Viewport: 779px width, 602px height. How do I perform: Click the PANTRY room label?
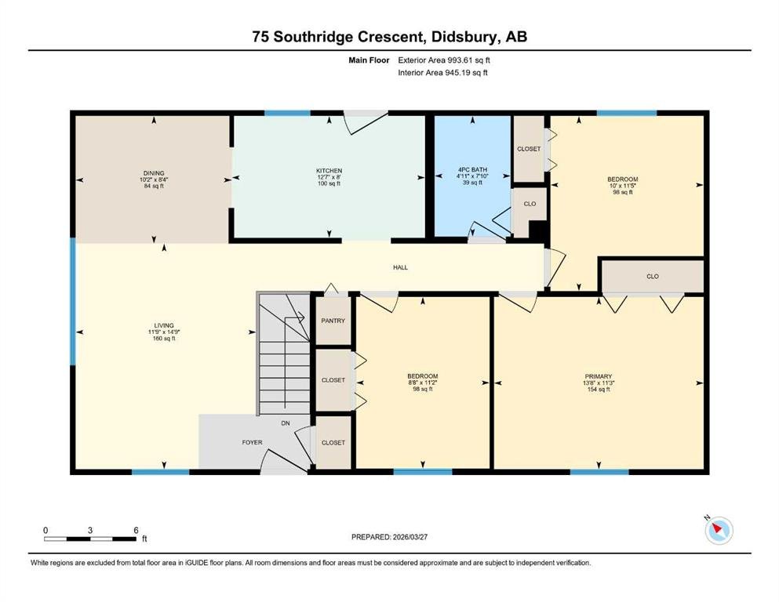[x=333, y=321]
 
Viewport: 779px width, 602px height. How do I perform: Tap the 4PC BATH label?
[x=472, y=170]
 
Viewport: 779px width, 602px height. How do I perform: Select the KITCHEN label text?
[x=329, y=171]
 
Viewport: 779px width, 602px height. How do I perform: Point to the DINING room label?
[x=154, y=173]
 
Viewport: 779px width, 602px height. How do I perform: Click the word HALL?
[x=400, y=267]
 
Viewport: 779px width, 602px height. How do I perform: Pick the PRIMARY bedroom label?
[x=598, y=376]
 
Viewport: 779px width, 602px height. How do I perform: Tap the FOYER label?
[x=252, y=442]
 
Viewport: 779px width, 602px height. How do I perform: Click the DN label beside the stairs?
[x=286, y=423]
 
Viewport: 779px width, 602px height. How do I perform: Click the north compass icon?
[x=719, y=530]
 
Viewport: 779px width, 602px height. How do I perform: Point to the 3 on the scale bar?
[x=90, y=530]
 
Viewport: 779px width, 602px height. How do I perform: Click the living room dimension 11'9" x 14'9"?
[x=164, y=332]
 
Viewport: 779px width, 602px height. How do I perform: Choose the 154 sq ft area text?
[x=598, y=390]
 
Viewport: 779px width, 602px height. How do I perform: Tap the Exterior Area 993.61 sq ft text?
[x=444, y=60]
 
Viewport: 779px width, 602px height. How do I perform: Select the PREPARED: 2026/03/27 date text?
[x=389, y=537]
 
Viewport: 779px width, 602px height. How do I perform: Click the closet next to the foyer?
[x=333, y=442]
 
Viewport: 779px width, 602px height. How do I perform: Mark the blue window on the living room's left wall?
[x=72, y=301]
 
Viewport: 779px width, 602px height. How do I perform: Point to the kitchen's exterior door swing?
[x=366, y=122]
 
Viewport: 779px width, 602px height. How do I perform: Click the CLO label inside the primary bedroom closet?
[x=653, y=277]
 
